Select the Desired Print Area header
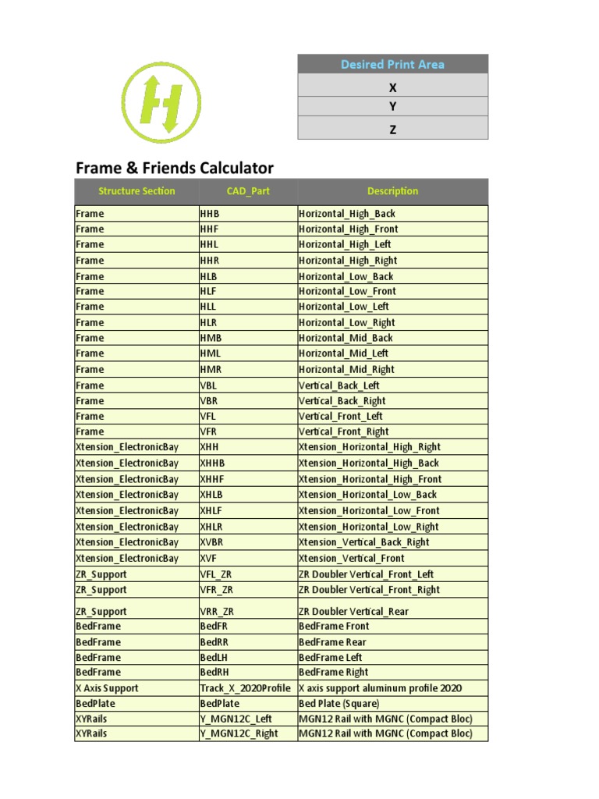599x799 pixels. [392, 64]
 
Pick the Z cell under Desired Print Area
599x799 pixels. [392, 130]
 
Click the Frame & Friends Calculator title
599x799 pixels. [174, 168]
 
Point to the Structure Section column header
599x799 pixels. [136, 191]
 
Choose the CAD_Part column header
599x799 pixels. [248, 191]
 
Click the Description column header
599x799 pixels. [392, 191]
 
